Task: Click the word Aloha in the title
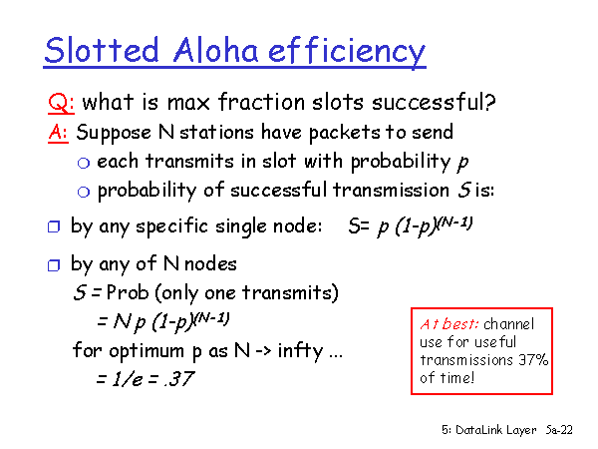(x=216, y=50)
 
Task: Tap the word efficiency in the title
(x=347, y=52)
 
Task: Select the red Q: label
(x=61, y=104)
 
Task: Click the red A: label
(x=58, y=133)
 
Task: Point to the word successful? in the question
(x=434, y=102)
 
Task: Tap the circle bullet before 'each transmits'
(x=84, y=163)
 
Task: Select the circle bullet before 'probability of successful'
(x=84, y=192)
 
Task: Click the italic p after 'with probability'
(x=462, y=163)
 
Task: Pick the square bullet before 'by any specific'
(x=54, y=226)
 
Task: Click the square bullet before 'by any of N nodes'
(x=54, y=265)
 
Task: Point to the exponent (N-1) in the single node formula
(x=454, y=223)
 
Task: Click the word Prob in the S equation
(x=128, y=292)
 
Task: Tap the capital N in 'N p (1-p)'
(x=122, y=322)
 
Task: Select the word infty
(x=301, y=350)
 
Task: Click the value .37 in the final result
(x=179, y=379)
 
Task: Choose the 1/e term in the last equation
(x=127, y=379)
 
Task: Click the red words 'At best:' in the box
(x=448, y=324)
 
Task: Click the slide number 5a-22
(x=559, y=430)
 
